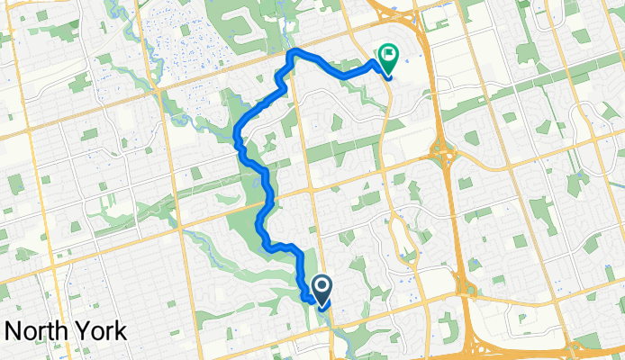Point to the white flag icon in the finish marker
point(389,55)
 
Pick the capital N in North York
point(13,330)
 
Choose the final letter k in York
point(120,330)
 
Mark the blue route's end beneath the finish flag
point(388,76)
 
